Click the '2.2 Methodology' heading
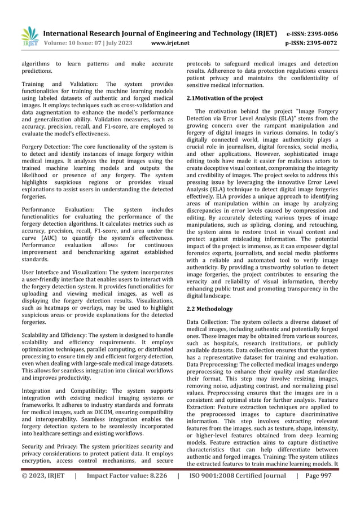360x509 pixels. tap(209, 309)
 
